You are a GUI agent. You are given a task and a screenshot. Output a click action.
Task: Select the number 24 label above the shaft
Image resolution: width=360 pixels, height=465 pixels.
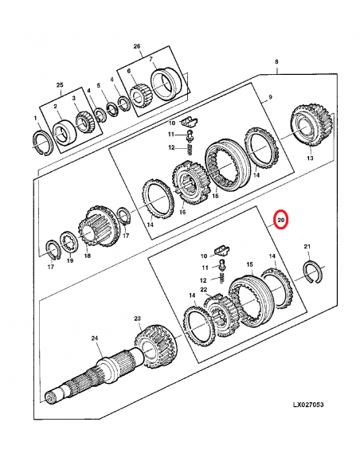[95, 338]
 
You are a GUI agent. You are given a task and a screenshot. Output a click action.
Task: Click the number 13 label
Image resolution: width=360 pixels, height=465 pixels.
[309, 158]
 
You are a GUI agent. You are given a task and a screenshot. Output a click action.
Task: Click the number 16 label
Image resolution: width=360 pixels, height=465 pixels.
[182, 212]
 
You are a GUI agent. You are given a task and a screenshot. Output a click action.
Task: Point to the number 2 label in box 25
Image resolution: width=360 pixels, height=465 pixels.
[55, 106]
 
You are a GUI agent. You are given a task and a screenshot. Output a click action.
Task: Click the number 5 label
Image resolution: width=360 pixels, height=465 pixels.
[98, 85]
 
